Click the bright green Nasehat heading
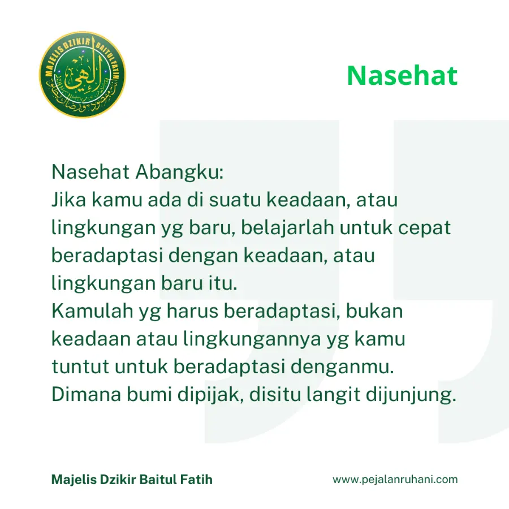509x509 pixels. [x=402, y=76]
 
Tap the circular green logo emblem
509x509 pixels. [x=83, y=75]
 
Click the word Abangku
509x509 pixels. [x=179, y=172]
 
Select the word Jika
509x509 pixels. [x=69, y=199]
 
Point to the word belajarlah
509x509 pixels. [x=287, y=227]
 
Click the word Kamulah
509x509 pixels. [x=92, y=310]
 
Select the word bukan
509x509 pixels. [x=374, y=310]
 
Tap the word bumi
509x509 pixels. [x=149, y=394]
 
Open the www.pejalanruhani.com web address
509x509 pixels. [x=395, y=480]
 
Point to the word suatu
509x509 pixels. [x=235, y=200]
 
